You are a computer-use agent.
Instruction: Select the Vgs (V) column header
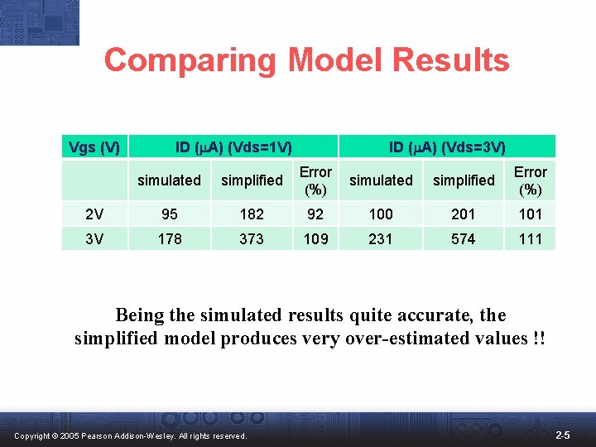click(94, 148)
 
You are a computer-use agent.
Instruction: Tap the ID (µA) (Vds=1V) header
click(233, 148)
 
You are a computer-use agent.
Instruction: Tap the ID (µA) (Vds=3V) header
click(447, 148)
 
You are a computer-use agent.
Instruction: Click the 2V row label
click(94, 214)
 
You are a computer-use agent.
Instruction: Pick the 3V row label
click(94, 238)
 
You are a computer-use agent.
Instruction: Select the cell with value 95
click(169, 214)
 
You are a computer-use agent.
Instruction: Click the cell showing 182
click(252, 214)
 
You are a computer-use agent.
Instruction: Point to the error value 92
click(315, 214)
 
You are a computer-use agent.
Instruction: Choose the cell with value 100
click(381, 214)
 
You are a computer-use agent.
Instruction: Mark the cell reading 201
click(464, 214)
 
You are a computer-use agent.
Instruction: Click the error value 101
click(530, 214)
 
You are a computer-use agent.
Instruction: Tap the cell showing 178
click(169, 238)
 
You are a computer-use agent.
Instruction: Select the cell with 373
click(252, 238)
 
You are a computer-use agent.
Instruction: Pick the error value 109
click(315, 238)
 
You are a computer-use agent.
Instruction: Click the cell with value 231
click(381, 238)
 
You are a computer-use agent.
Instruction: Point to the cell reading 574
click(464, 238)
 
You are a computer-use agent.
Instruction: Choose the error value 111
click(530, 238)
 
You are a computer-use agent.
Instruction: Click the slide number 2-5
click(562, 435)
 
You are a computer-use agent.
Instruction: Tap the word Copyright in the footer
click(31, 435)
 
